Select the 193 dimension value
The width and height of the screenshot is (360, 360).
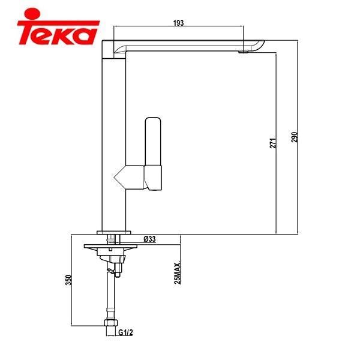[178, 22]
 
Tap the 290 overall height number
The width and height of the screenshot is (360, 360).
[294, 137]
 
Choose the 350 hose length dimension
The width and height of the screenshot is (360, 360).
[70, 280]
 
